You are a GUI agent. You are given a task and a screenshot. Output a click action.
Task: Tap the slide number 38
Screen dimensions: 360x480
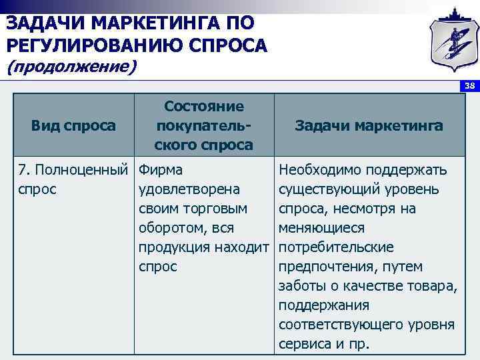tap(469, 86)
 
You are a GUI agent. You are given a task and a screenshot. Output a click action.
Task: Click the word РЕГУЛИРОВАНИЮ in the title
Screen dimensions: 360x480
tap(83, 45)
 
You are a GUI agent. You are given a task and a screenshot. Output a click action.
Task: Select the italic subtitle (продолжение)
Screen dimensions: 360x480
tap(71, 67)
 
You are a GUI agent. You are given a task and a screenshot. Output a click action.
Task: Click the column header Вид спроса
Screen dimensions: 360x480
tap(73, 125)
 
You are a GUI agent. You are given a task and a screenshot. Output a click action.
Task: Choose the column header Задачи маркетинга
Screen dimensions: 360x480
tap(369, 125)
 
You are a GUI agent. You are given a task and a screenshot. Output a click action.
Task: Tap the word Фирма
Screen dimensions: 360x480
tap(161, 170)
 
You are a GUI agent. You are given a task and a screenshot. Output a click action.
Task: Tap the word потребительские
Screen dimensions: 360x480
tap(337, 247)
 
